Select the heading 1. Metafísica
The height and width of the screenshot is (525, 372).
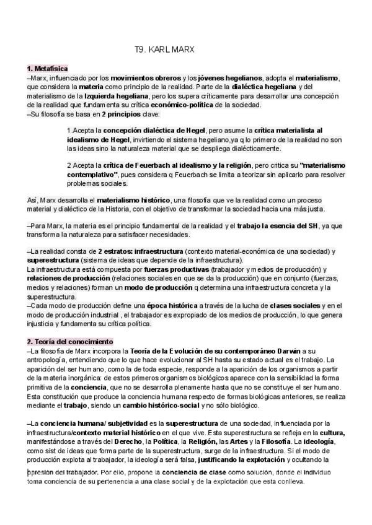click(47, 69)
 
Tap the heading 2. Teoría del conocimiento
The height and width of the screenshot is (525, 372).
click(69, 341)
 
